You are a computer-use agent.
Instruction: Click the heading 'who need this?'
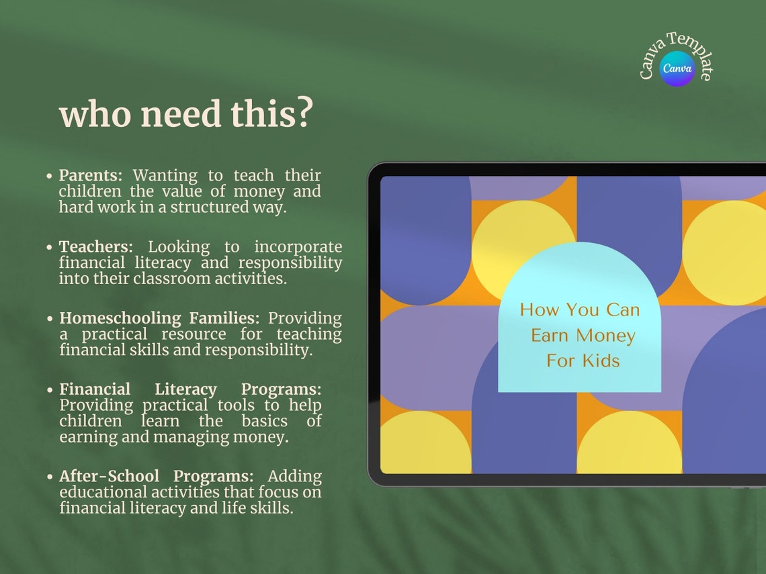tap(186, 115)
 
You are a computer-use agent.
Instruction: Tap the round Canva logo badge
tap(677, 68)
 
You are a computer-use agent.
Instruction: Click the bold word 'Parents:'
tap(91, 176)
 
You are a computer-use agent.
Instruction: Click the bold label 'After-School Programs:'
tap(156, 477)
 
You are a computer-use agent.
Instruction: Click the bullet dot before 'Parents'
tap(50, 177)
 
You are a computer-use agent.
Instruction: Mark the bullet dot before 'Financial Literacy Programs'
tap(50, 390)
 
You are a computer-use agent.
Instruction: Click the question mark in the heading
tap(304, 115)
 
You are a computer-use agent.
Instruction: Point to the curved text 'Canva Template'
tap(676, 47)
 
